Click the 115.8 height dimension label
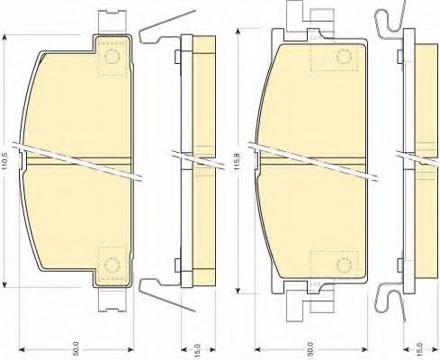tap(237, 162)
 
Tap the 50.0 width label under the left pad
tap(76, 348)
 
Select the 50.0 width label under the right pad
tap(310, 348)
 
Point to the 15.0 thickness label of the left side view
tap(198, 351)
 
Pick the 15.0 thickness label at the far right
tap(420, 350)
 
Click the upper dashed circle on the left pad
tap(112, 57)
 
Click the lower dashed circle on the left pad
tap(112, 265)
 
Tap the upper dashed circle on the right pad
tap(344, 57)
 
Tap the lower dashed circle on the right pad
tap(344, 265)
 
